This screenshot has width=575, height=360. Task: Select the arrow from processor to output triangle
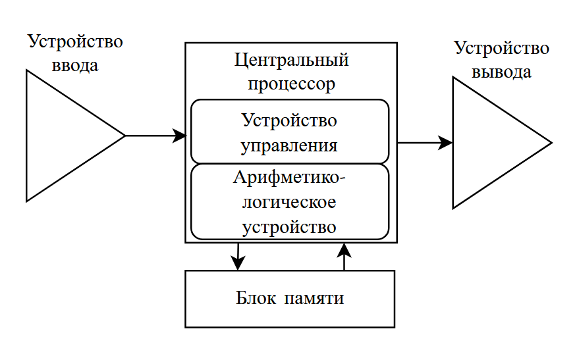click(x=425, y=142)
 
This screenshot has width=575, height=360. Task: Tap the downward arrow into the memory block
click(x=237, y=256)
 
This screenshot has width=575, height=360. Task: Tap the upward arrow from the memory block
click(x=344, y=256)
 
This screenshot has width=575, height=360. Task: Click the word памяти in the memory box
click(x=315, y=298)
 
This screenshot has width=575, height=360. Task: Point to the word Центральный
click(x=291, y=61)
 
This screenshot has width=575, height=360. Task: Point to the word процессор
click(x=290, y=84)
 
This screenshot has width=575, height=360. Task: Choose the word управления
click(x=290, y=145)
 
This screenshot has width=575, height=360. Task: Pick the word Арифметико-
click(x=290, y=178)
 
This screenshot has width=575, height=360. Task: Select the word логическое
click(x=290, y=202)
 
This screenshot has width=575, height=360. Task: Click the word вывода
click(x=502, y=72)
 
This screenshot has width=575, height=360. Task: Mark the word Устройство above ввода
click(x=75, y=41)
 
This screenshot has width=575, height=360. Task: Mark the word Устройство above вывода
click(x=502, y=48)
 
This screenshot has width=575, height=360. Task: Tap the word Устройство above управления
click(x=290, y=121)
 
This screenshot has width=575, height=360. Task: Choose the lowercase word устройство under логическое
click(x=290, y=227)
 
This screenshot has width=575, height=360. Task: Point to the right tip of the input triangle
click(x=124, y=136)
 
